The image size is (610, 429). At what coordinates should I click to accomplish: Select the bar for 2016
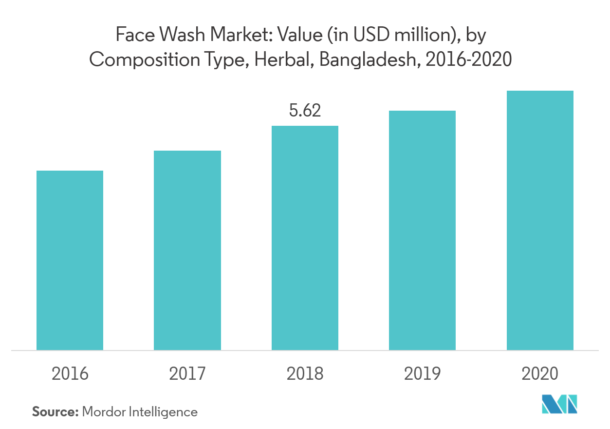[x=70, y=260]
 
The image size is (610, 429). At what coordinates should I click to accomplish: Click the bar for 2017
[x=187, y=250]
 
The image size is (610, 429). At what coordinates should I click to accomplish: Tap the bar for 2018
[x=305, y=238]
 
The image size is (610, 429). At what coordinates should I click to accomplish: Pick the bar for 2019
[x=422, y=230]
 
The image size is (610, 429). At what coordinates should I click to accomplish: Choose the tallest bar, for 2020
[x=540, y=220]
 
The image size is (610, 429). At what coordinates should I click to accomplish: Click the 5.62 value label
[x=305, y=111]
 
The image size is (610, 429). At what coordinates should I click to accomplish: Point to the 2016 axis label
[x=70, y=374]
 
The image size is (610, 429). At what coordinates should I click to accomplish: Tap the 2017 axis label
[x=187, y=374]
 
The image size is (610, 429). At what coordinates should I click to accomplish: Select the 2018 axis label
[x=305, y=374]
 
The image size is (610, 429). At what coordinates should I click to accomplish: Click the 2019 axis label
[x=422, y=374]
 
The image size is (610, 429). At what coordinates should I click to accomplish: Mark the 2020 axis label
[x=539, y=374]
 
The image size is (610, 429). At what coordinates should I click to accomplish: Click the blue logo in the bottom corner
[x=559, y=404]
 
